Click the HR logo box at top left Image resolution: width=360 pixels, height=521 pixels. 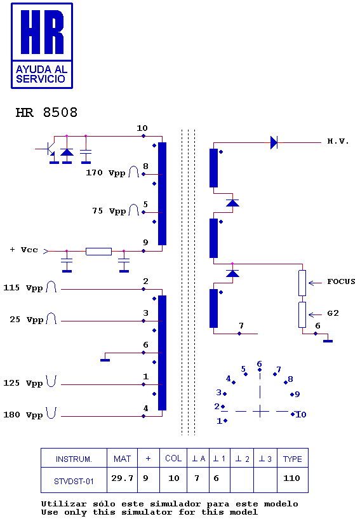pyautogui.click(x=42, y=46)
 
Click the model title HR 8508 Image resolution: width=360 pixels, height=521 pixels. pyautogui.click(x=46, y=112)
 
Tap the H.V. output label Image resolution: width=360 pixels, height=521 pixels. pyautogui.click(x=338, y=141)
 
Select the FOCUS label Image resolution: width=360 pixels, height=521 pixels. pyautogui.click(x=341, y=281)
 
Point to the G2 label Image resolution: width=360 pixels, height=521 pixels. pyautogui.click(x=333, y=313)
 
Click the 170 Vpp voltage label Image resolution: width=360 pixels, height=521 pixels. pyautogui.click(x=105, y=173)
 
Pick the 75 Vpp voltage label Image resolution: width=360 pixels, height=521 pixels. pyautogui.click(x=109, y=211)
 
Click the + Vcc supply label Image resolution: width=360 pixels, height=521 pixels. pyautogui.click(x=24, y=250)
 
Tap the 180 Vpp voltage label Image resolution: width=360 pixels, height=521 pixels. pyautogui.click(x=23, y=415)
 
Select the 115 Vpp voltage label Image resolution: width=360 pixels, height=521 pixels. pyautogui.click(x=23, y=288)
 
